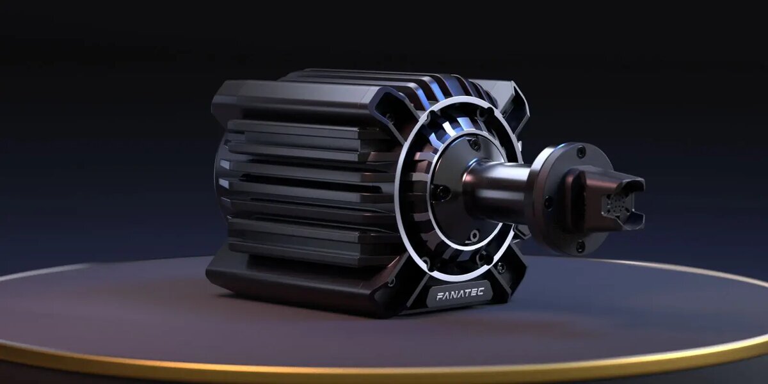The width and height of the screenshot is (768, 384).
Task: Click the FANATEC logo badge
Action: coord(459,294)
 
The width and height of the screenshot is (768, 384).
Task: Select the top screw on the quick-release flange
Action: coord(580,150)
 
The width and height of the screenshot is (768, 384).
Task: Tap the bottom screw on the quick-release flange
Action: coord(580,246)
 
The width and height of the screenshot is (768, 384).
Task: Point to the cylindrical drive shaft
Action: coord(497,187)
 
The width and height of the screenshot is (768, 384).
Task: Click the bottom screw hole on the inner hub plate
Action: coord(474,236)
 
